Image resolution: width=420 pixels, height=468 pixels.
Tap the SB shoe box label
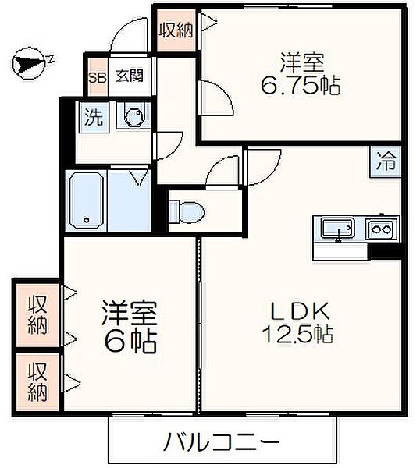tap(97, 77)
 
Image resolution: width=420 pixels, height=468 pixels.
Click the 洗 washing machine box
tap(94, 119)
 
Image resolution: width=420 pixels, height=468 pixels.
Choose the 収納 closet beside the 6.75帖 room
tap(176, 31)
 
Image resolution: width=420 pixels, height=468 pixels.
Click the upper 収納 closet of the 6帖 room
tap(36, 315)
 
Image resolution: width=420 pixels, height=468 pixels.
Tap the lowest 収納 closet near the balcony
tap(36, 380)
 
